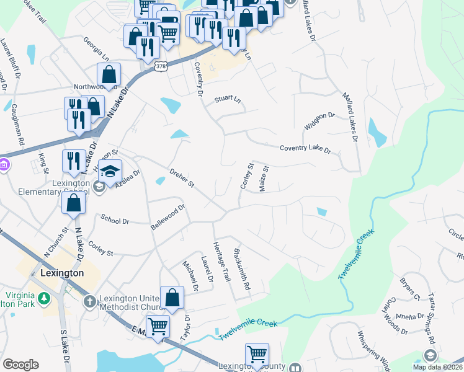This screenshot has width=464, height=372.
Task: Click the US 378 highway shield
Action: [x=161, y=66]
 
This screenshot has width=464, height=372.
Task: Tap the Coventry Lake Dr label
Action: [x=305, y=149]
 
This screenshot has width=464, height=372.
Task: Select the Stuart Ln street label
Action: [x=227, y=99]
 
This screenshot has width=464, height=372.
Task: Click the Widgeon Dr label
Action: [x=319, y=121]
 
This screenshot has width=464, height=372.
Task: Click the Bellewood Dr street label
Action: [x=168, y=218]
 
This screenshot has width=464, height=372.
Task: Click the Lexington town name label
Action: [x=61, y=273]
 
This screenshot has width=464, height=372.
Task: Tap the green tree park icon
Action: [x=44, y=299]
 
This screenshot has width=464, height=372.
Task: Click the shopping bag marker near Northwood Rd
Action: [x=109, y=75]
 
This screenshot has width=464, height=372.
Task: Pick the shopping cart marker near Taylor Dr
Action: [x=158, y=325]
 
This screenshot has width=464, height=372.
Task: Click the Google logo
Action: [x=20, y=365]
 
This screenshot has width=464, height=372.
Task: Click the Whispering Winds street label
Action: [x=373, y=352]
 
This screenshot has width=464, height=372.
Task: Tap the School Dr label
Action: [x=114, y=220]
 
